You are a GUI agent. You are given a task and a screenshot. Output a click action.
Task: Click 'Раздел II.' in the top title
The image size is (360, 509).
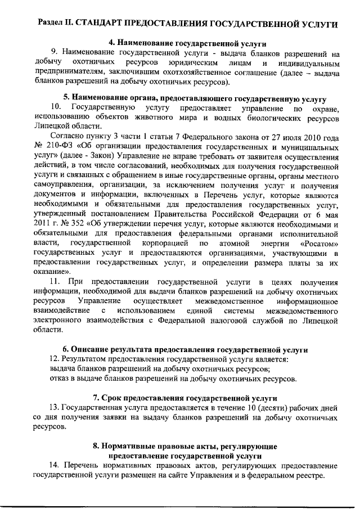point(55,24)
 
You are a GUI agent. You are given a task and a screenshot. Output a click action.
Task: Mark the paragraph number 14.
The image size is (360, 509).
point(54,466)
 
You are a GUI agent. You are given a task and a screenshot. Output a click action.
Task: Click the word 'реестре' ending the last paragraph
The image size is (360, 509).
point(309,476)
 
